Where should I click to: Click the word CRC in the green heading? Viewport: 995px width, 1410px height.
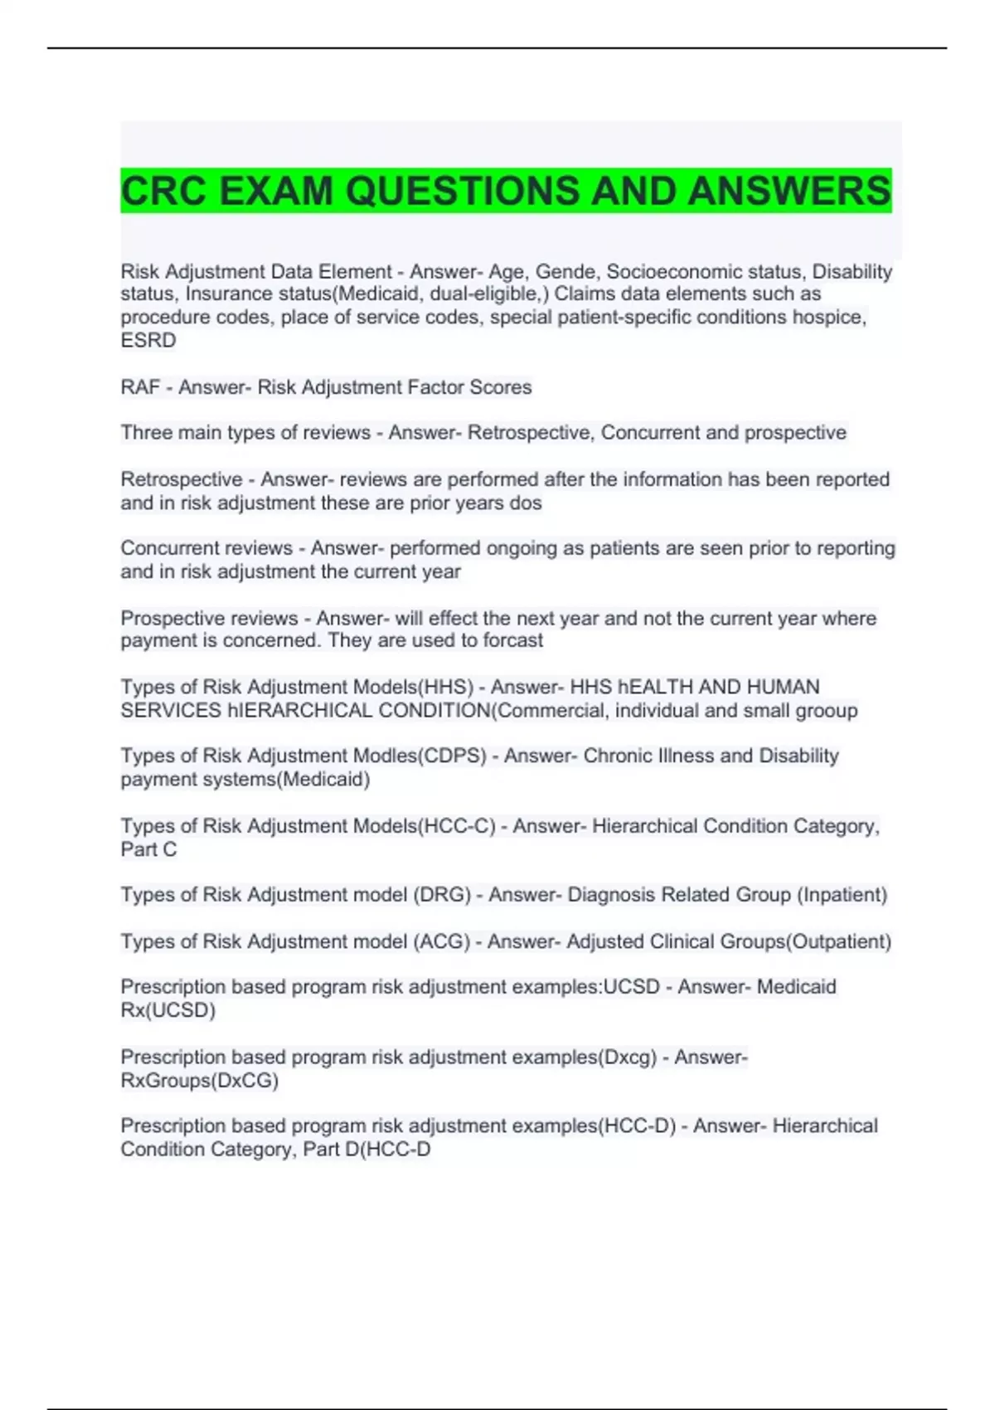click(x=163, y=191)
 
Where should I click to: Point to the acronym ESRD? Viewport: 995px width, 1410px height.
click(x=148, y=341)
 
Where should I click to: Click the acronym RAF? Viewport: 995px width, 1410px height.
click(x=140, y=387)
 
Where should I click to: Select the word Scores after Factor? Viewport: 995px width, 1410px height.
click(x=501, y=387)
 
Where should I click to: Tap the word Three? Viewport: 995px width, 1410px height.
click(x=146, y=433)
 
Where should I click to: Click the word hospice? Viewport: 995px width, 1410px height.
click(x=828, y=318)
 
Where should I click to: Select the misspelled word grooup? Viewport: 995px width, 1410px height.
click(x=827, y=711)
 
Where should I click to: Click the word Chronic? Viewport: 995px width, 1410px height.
click(x=618, y=756)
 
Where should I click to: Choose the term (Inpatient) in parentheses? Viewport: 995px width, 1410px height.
click(x=842, y=896)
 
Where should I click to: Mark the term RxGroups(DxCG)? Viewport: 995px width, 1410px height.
click(x=199, y=1082)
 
